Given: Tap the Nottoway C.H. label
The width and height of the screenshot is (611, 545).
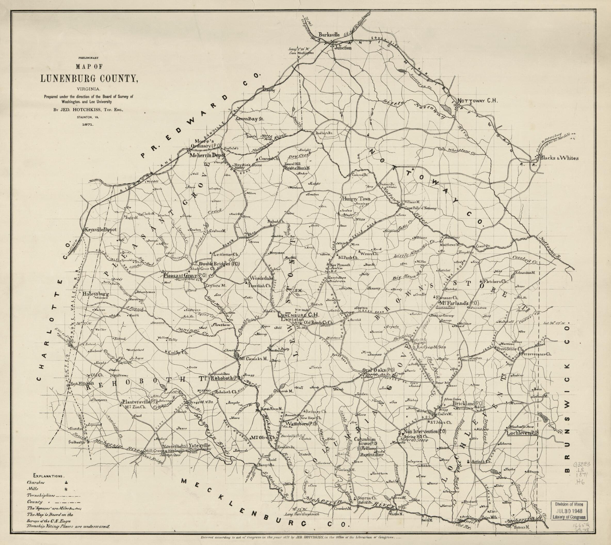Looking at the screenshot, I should (x=478, y=101).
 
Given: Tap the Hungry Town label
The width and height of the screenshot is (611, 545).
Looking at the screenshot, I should (x=357, y=199).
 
